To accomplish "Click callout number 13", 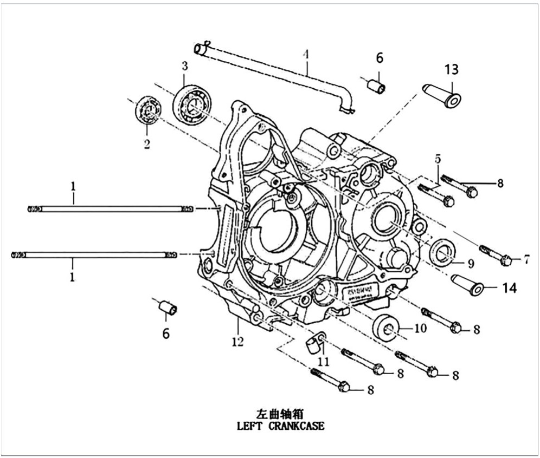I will click(x=452, y=69).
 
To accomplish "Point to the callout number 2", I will click(x=146, y=145).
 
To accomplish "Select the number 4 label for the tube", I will click(x=306, y=55).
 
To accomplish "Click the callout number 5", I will click(x=437, y=159).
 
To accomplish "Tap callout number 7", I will click(x=525, y=260).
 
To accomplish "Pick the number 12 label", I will click(x=237, y=342).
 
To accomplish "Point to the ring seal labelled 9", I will click(x=442, y=252).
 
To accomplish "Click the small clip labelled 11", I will click(x=313, y=343).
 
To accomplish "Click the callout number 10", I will click(x=421, y=328).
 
